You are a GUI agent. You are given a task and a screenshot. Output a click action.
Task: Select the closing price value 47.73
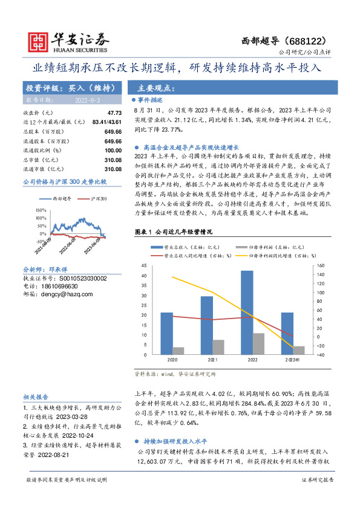[114, 113]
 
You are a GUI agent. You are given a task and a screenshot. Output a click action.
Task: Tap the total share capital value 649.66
[113, 131]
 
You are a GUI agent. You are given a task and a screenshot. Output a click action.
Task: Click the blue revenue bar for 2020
[166, 332]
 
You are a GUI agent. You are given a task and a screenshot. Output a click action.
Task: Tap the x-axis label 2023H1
[291, 359]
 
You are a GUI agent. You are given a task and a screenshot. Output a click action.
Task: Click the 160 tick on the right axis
[319, 266]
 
